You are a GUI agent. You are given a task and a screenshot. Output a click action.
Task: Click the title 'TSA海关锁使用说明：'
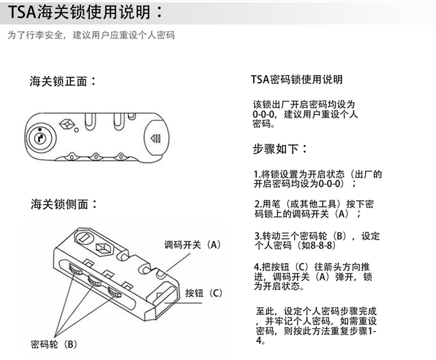click(x=86, y=12)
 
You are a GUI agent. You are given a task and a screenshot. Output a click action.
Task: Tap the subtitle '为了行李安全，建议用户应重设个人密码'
click(x=91, y=35)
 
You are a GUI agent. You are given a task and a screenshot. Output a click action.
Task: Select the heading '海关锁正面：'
click(x=63, y=81)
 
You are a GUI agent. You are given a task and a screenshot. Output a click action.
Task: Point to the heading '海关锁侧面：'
click(x=63, y=204)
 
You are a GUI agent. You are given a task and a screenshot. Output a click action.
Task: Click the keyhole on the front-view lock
click(x=41, y=138)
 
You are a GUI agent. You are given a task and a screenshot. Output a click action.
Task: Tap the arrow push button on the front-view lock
click(x=156, y=138)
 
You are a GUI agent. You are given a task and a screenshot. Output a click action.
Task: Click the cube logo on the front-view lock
click(x=66, y=124)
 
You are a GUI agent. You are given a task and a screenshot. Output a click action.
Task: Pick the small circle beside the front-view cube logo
click(x=76, y=130)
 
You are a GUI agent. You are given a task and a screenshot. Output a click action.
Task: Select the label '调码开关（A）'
click(x=193, y=245)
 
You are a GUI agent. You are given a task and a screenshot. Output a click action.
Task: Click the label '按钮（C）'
click(x=204, y=293)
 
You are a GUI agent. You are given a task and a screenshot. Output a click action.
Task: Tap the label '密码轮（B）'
click(x=54, y=345)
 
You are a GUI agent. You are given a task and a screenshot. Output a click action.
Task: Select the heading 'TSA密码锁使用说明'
click(x=297, y=79)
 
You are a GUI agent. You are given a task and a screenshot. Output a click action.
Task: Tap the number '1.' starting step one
click(x=257, y=174)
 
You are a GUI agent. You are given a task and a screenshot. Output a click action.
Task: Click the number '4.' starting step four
click(x=258, y=267)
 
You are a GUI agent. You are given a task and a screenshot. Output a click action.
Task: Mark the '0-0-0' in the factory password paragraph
click(x=264, y=114)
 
